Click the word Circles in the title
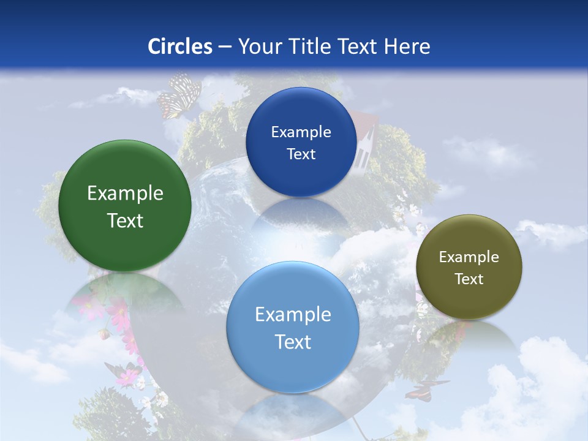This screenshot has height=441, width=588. coord(179,47)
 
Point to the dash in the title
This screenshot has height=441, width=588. coord(225,47)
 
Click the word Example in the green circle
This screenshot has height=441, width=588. coord(125,194)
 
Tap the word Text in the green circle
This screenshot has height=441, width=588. coord(125,221)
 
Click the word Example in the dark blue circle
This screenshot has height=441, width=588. coord(301,132)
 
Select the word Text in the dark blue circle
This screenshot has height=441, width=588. coord(301,154)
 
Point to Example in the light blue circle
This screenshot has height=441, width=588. coord(293,315)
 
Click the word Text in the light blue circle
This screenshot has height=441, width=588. coord(293,342)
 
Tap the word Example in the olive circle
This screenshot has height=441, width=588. coord(469,257)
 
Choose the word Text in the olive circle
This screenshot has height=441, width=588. coord(469,279)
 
